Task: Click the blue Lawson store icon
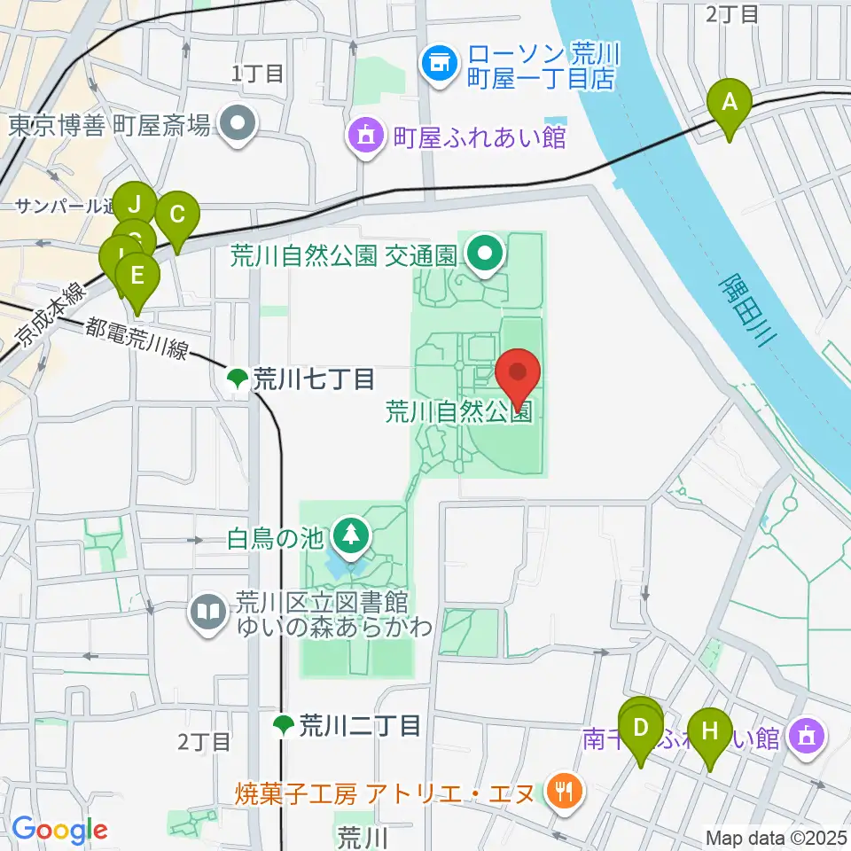(x=436, y=63)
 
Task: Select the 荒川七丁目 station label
(x=301, y=380)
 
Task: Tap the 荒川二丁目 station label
(x=347, y=727)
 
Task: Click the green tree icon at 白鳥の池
(x=351, y=535)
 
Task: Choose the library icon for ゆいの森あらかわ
(x=208, y=612)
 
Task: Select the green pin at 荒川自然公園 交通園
(x=485, y=254)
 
